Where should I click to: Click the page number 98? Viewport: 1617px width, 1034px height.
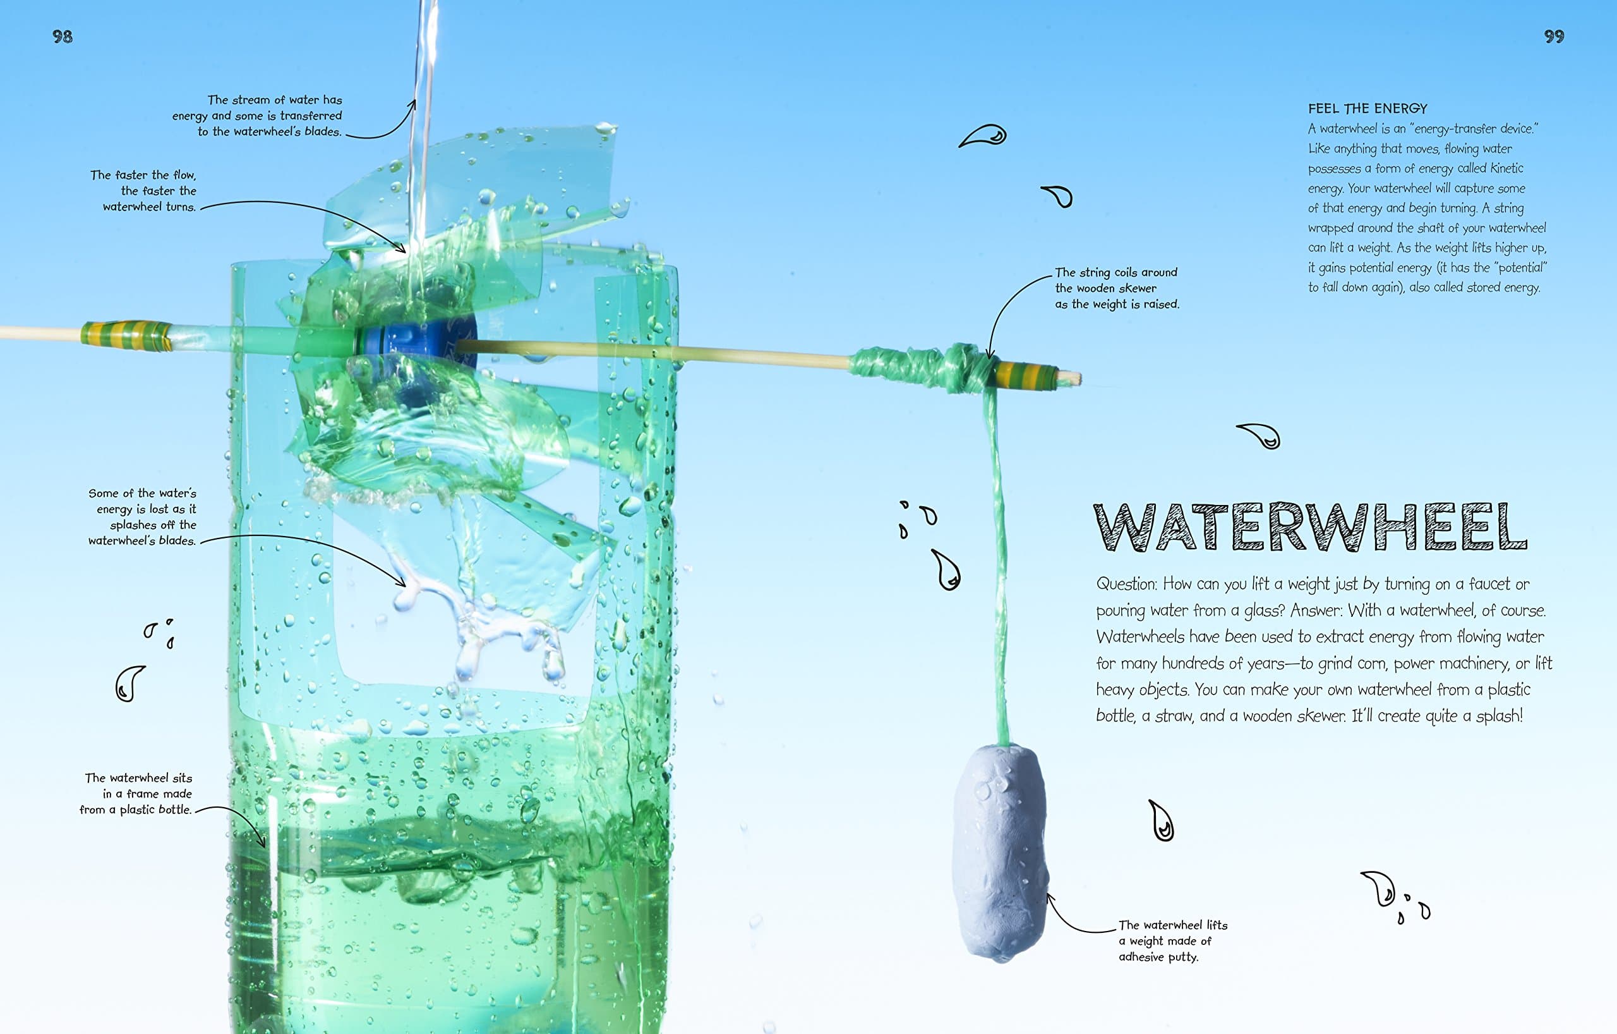click(63, 36)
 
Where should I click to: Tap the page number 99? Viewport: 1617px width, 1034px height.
click(1554, 36)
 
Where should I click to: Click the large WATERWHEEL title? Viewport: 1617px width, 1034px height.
click(1310, 527)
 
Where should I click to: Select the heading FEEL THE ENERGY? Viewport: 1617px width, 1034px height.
click(1368, 108)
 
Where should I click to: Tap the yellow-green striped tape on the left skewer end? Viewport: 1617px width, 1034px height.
click(126, 335)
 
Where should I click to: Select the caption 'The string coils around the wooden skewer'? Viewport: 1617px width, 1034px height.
click(1116, 288)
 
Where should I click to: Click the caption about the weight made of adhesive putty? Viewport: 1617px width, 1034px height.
click(1172, 940)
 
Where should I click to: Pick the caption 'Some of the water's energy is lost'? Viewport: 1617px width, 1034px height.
click(142, 516)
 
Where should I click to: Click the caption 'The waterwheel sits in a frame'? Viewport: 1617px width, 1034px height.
click(136, 793)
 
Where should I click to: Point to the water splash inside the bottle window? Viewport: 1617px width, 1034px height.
click(483, 625)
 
